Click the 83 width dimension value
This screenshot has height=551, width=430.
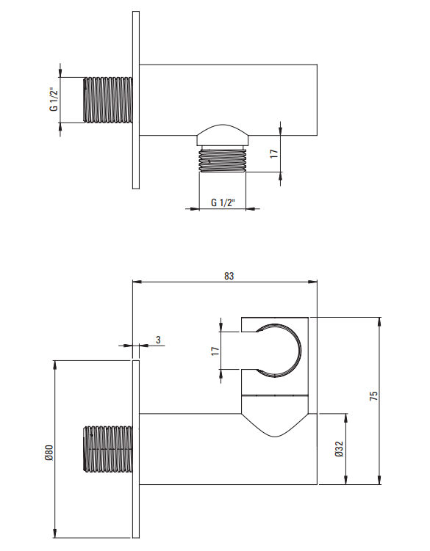(x=229, y=276)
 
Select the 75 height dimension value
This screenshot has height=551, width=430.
(x=373, y=395)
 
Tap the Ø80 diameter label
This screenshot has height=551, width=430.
(x=49, y=453)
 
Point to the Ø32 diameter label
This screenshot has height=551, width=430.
(x=339, y=450)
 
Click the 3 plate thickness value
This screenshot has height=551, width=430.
(x=158, y=340)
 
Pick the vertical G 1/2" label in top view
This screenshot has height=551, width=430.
(x=54, y=100)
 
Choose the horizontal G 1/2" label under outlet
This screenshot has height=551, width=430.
(x=223, y=202)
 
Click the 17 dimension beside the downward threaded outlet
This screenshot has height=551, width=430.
(x=274, y=154)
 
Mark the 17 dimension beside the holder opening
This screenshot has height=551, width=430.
(x=215, y=351)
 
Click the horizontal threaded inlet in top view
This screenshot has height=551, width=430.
(x=108, y=101)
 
